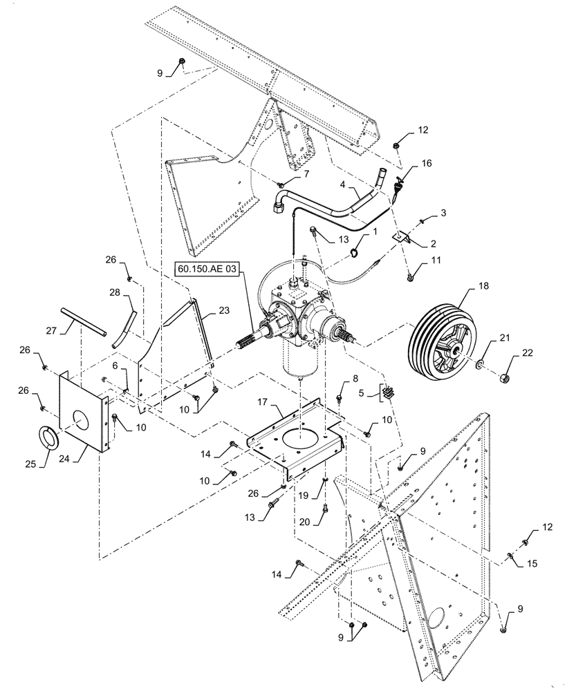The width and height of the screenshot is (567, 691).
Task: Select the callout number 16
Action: [426, 163]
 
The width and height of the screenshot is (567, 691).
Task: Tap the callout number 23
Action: [223, 311]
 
